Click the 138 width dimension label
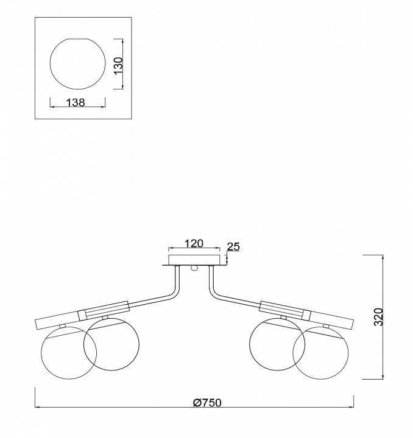click(x=76, y=103)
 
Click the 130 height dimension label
click(x=119, y=65)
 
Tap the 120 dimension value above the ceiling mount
click(x=194, y=243)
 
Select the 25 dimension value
click(x=233, y=247)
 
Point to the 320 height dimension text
click(x=378, y=317)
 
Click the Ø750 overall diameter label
click(x=207, y=403)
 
